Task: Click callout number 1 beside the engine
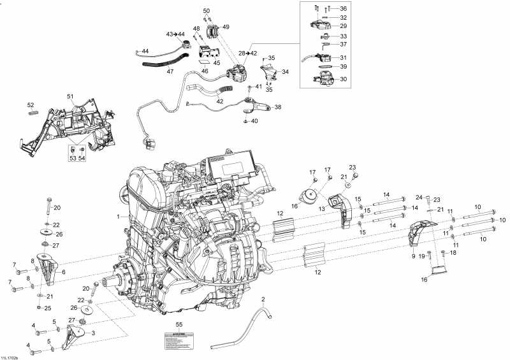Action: click(x=119, y=217)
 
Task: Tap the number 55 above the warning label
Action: click(x=179, y=325)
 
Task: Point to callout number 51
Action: click(x=71, y=96)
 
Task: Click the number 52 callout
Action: click(x=30, y=105)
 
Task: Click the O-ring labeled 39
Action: click(x=323, y=66)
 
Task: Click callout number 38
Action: click(x=277, y=108)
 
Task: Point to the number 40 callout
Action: click(x=254, y=121)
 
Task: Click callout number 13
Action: click(x=323, y=208)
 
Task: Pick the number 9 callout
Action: click(x=413, y=256)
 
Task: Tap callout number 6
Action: click(x=63, y=271)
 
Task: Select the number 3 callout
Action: click(x=94, y=333)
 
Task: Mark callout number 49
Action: click(x=226, y=27)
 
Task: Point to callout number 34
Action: click(x=284, y=72)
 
